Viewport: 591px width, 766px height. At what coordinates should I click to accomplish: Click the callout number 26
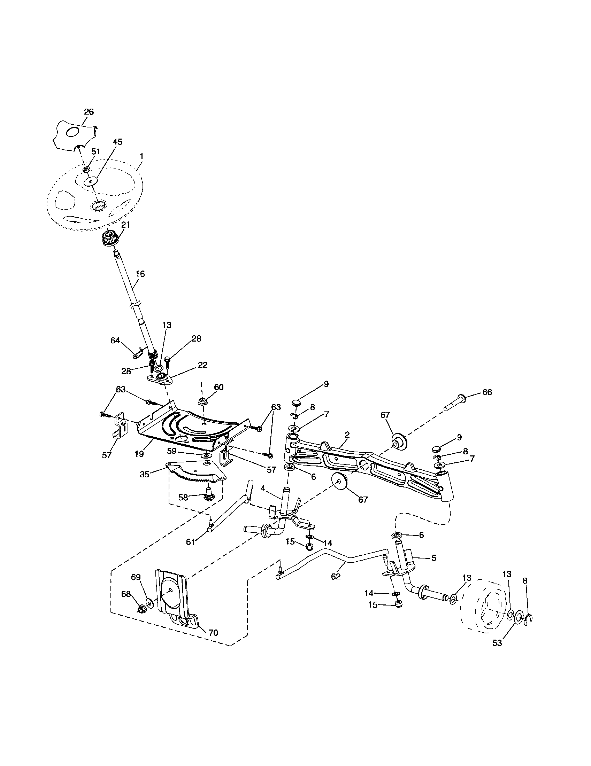tap(89, 112)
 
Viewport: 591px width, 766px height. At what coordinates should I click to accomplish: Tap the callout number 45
tap(117, 142)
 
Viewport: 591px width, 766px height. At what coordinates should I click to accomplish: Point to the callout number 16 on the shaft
tap(140, 274)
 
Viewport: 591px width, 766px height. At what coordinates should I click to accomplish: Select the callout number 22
tap(202, 365)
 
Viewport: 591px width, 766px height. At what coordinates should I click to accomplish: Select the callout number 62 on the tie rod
tap(336, 576)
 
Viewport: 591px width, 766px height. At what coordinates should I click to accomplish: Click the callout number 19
tap(139, 453)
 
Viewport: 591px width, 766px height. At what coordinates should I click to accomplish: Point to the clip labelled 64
tap(137, 351)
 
